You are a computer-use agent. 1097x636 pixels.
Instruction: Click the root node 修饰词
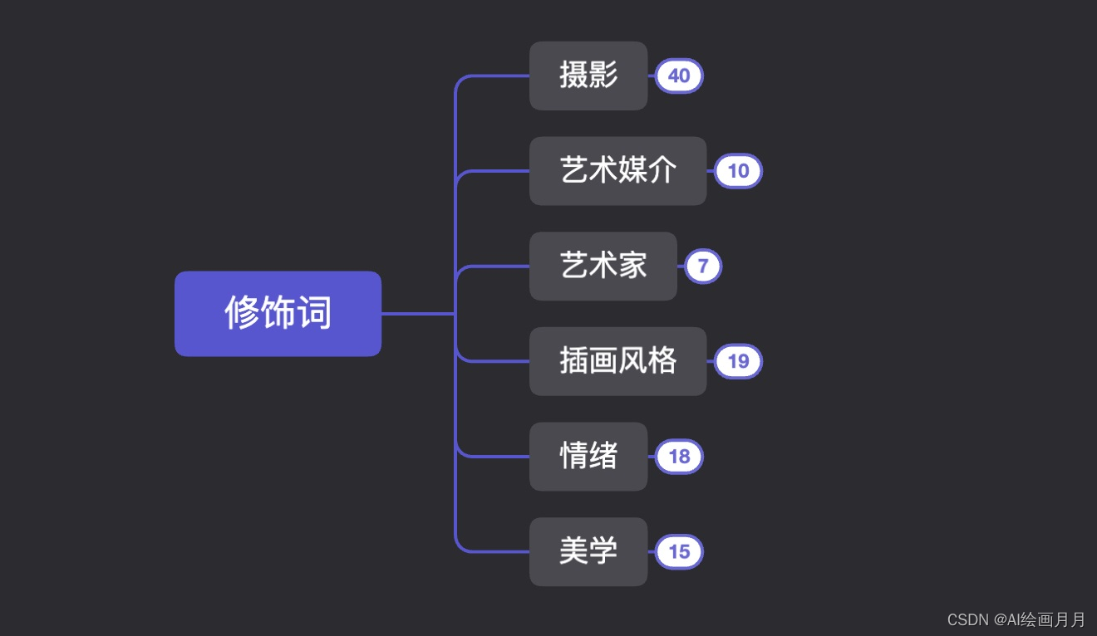click(x=278, y=314)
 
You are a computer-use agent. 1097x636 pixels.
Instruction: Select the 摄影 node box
click(x=588, y=76)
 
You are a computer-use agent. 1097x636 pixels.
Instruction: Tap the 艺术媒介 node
click(x=617, y=171)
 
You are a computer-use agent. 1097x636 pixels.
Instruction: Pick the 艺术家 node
click(x=603, y=266)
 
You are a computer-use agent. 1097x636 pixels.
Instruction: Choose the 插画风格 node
click(x=617, y=361)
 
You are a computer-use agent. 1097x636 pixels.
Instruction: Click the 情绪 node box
click(x=588, y=457)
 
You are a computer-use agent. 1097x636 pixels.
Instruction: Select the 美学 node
click(x=588, y=551)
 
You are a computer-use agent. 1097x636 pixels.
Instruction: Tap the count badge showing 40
click(x=679, y=76)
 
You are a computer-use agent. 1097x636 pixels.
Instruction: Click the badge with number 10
click(x=738, y=171)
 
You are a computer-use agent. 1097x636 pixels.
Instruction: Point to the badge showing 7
click(x=703, y=266)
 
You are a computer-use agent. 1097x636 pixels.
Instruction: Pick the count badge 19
click(x=738, y=361)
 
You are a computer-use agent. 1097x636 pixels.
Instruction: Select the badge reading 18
click(x=679, y=457)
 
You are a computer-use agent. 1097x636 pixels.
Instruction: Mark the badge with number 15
click(x=679, y=551)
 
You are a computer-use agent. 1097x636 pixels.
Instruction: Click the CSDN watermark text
click(x=1016, y=619)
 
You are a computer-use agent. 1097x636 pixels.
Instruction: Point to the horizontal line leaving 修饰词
click(x=417, y=314)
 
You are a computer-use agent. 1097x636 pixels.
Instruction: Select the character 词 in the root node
click(x=315, y=314)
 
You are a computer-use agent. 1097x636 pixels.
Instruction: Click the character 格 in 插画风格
click(x=663, y=361)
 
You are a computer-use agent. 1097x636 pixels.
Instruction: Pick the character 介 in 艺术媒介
click(x=663, y=171)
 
